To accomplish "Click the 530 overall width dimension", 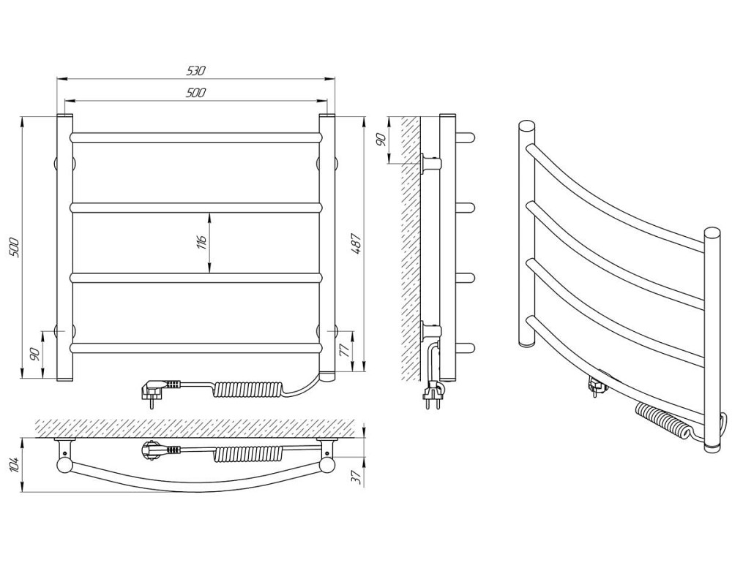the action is (x=196, y=72).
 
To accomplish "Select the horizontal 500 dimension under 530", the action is (x=196, y=93).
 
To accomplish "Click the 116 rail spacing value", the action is (x=201, y=243).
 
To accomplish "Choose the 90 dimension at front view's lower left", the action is (x=34, y=354).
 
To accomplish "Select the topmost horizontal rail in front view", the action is (x=196, y=137).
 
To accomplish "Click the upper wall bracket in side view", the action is (x=430, y=164).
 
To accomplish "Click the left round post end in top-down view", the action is (x=63, y=464).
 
